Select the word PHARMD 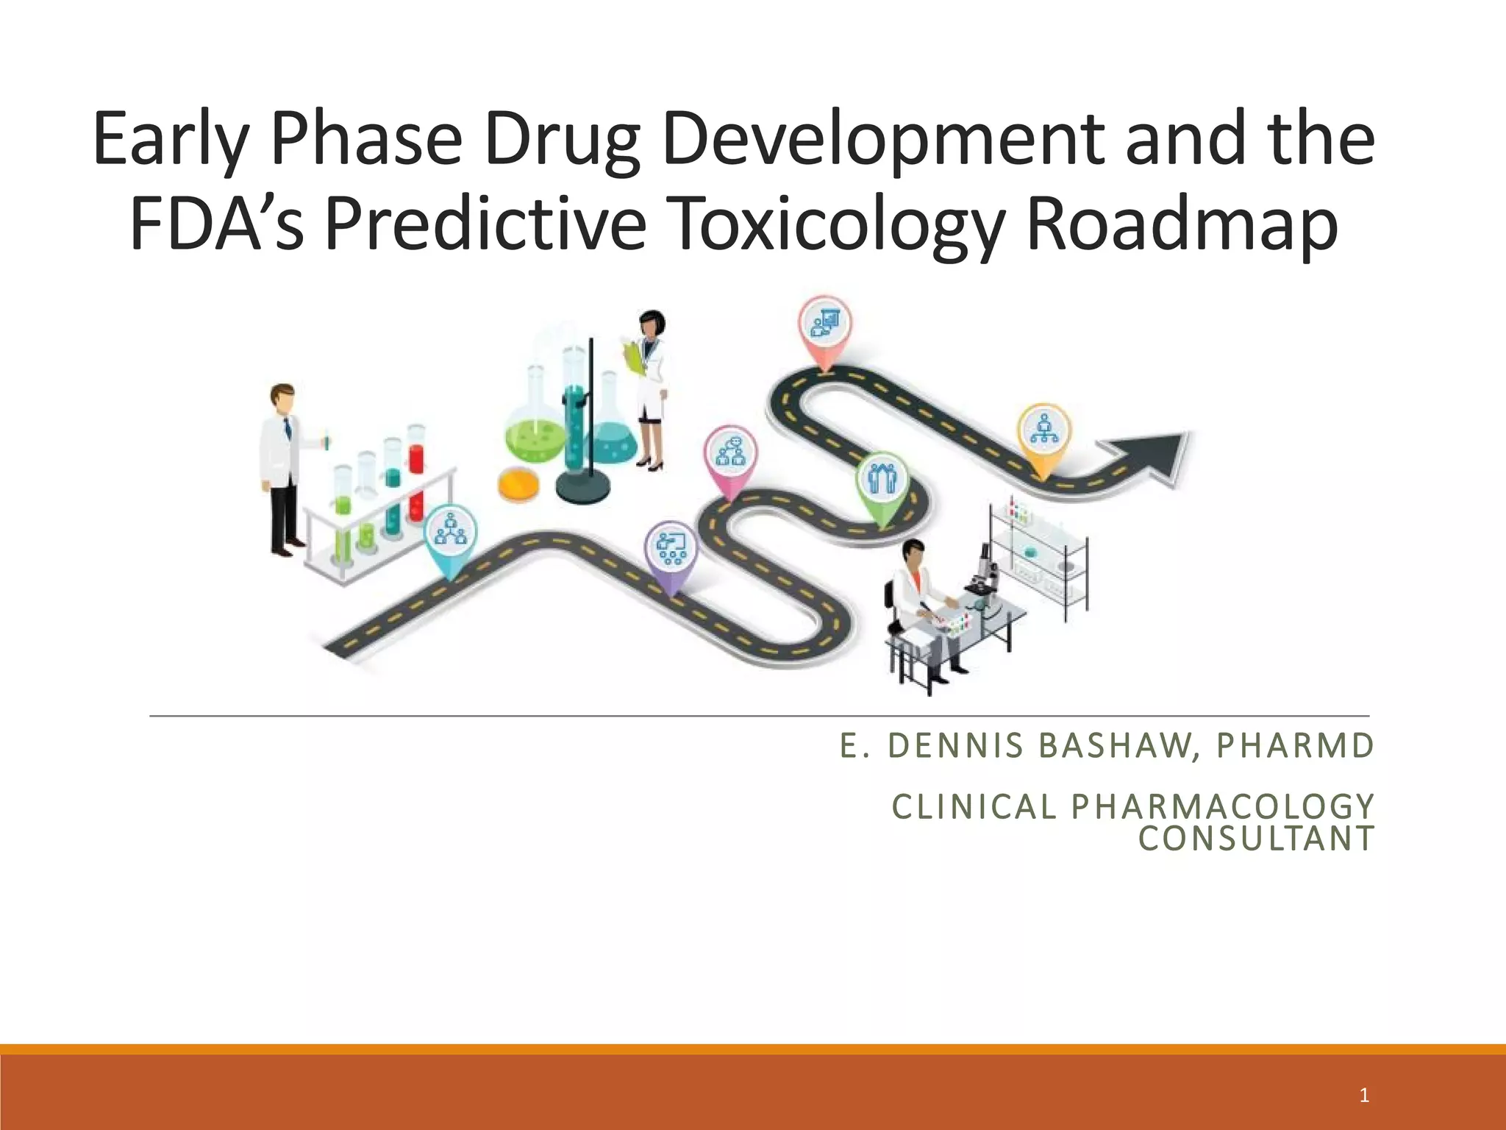click(1295, 746)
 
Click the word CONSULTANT click(1256, 839)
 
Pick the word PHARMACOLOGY click(1223, 807)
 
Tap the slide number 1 click(1364, 1095)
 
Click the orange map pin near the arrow click(1044, 434)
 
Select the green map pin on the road click(882, 482)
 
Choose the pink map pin click(730, 455)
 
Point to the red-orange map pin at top click(825, 327)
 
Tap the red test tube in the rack click(416, 475)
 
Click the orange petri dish click(518, 485)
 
